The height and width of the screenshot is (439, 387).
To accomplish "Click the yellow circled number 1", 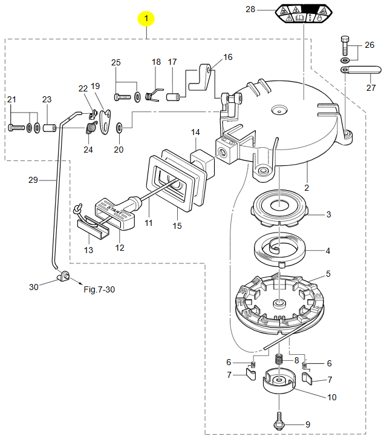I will [146, 19].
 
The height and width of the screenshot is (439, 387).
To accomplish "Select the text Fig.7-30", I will [99, 289].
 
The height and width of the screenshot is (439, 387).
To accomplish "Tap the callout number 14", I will [195, 132].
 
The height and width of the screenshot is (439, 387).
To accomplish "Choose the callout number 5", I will [328, 274].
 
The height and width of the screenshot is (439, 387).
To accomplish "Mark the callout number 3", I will [328, 214].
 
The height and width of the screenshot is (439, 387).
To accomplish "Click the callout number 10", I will [332, 397].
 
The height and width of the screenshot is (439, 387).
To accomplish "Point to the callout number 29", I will [33, 179].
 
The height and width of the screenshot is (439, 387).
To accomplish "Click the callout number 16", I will [227, 58].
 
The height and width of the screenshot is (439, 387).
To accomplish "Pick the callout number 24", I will [88, 149].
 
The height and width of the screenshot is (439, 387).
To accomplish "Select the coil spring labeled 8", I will [279, 358].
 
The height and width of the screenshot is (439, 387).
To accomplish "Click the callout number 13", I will [88, 250].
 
